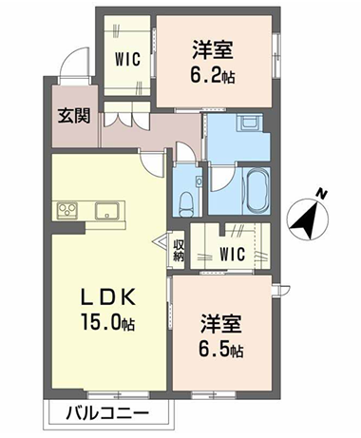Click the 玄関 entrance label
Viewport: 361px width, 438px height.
(74, 116)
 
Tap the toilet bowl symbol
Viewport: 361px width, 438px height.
(186, 205)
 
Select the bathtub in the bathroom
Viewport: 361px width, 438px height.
(256, 191)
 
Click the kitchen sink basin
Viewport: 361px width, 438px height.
(107, 210)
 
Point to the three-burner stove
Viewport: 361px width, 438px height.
(66, 210)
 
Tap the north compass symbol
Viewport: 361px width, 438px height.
(307, 219)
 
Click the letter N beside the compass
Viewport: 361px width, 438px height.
(322, 193)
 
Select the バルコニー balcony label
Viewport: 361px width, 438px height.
(107, 413)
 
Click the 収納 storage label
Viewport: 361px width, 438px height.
(179, 251)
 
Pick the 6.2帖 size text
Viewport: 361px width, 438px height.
(213, 76)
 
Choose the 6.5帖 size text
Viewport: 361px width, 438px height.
(221, 349)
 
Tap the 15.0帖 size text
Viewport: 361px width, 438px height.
(108, 322)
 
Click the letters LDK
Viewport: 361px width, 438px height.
(108, 297)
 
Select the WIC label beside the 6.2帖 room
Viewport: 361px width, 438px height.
(127, 59)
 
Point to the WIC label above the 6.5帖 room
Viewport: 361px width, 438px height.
(232, 254)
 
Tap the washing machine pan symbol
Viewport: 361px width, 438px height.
(250, 123)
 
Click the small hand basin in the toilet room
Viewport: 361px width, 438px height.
(199, 182)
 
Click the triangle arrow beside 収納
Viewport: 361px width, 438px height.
(161, 241)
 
